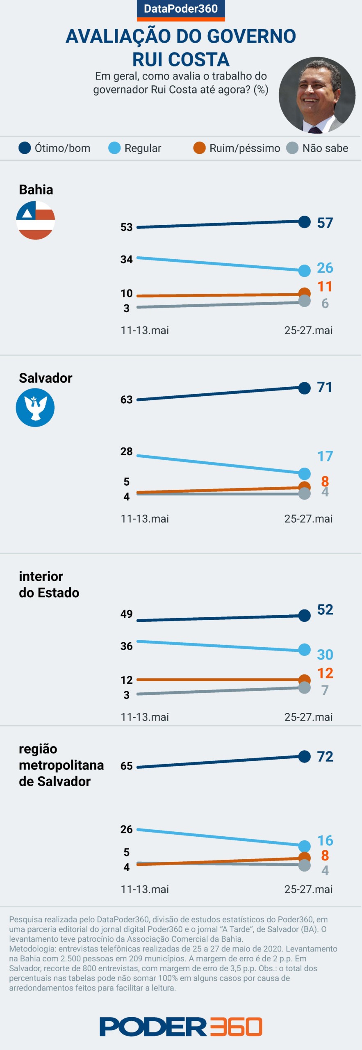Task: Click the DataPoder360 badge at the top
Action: (181, 9)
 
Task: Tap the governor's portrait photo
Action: (317, 95)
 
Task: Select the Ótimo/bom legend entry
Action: (55, 148)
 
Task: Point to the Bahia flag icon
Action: (36, 220)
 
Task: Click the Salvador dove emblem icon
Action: (35, 407)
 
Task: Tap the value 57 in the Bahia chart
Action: (325, 223)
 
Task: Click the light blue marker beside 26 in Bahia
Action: (305, 270)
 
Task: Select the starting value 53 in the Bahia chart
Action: (126, 227)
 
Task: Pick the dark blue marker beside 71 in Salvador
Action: (305, 388)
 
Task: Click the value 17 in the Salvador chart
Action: (325, 456)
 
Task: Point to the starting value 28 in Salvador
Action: (126, 452)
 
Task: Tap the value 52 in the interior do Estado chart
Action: (325, 609)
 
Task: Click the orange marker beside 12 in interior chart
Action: (305, 680)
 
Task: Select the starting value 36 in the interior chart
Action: (126, 646)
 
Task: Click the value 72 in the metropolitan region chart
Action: (325, 756)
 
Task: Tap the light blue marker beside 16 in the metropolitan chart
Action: (305, 846)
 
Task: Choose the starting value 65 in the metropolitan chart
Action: (126, 766)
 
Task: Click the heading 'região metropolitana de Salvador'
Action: (61, 765)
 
